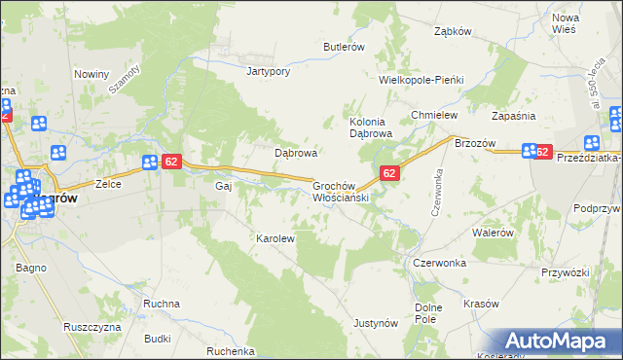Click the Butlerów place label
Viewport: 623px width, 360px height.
click(x=344, y=47)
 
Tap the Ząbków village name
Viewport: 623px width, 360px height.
click(x=453, y=30)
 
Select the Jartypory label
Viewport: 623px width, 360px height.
click(x=270, y=71)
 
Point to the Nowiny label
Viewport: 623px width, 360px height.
click(x=91, y=73)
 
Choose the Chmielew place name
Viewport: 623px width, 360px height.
click(x=434, y=115)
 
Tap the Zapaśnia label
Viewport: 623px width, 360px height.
click(x=514, y=115)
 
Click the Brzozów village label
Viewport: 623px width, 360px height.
click(x=476, y=142)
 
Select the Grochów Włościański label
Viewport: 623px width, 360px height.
click(x=341, y=190)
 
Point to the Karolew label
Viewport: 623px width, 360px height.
click(x=275, y=238)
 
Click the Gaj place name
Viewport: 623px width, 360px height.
click(x=223, y=185)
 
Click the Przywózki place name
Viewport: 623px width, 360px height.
click(x=543, y=272)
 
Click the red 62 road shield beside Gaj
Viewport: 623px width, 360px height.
click(x=170, y=162)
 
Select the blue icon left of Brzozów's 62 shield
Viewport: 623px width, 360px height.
click(x=530, y=151)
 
